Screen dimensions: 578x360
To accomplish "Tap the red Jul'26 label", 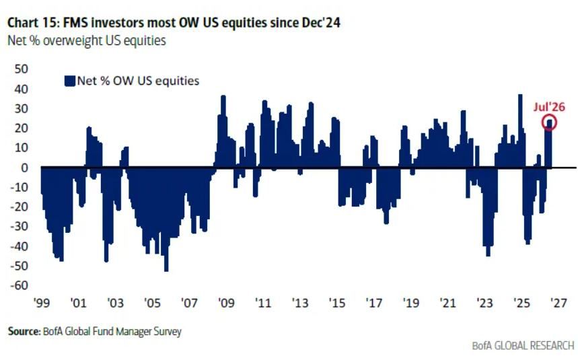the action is [x=549, y=107].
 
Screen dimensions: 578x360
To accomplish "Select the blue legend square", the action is [x=70, y=81].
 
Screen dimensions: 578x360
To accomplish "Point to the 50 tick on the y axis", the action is [x=22, y=69].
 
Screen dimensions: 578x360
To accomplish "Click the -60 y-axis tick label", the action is [x=19, y=285].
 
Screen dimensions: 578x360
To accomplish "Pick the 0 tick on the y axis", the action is [x=24, y=168].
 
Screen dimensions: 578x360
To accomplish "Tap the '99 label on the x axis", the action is [x=41, y=303].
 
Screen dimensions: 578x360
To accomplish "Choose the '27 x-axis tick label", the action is [x=558, y=303].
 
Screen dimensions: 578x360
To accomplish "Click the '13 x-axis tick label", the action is [x=300, y=303].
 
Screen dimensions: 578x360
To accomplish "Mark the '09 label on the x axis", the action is [x=226, y=303].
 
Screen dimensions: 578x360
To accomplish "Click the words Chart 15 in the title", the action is [x=33, y=23].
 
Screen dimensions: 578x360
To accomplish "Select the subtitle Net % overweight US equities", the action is [x=87, y=40].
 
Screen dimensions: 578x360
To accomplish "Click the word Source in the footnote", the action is [x=24, y=331].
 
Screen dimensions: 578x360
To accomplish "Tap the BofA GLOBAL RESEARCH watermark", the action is [x=523, y=346].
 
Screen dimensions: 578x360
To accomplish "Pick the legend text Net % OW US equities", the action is [x=138, y=81].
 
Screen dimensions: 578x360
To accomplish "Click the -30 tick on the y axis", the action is [x=19, y=226].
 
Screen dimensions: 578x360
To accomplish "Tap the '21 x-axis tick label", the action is [x=447, y=303].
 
